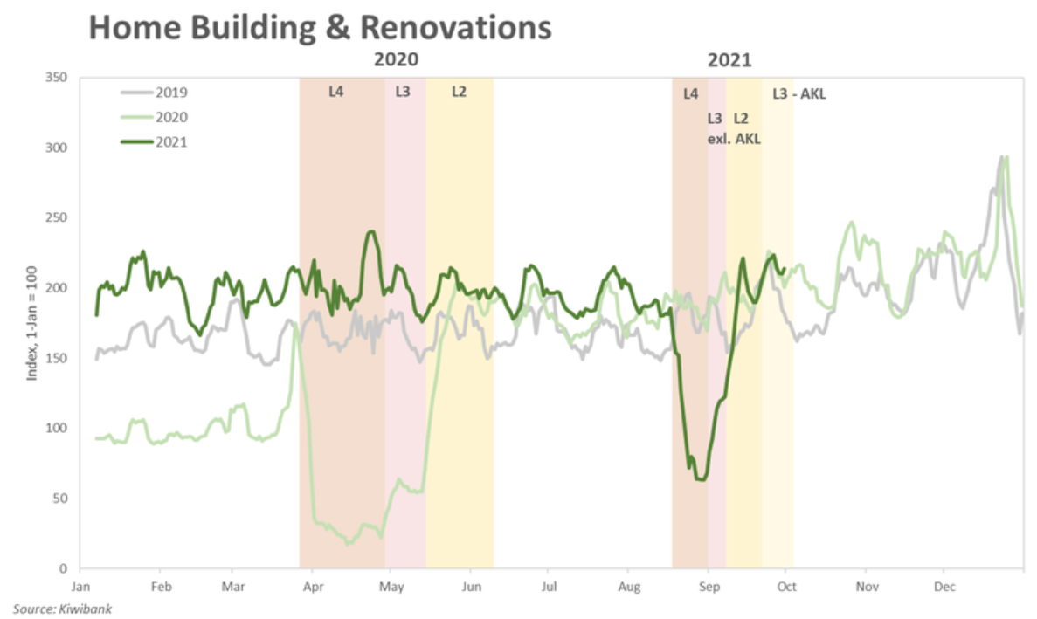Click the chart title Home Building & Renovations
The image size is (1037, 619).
click(x=320, y=28)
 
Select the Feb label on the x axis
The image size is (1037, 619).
click(x=160, y=587)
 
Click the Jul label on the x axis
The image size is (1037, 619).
click(x=549, y=587)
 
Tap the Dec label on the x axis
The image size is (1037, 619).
click(x=944, y=587)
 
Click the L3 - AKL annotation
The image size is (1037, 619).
click(x=798, y=93)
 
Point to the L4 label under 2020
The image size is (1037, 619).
click(x=336, y=91)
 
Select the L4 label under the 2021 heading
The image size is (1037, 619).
click(x=690, y=93)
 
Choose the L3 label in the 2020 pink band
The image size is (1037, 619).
click(x=403, y=91)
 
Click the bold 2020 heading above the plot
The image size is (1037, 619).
click(x=396, y=61)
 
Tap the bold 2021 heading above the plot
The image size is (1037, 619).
click(x=729, y=61)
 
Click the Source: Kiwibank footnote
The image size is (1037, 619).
click(x=62, y=608)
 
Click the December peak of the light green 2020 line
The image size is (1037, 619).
click(x=1007, y=157)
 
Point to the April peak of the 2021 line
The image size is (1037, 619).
click(x=371, y=231)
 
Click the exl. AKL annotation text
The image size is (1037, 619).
click(x=734, y=137)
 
